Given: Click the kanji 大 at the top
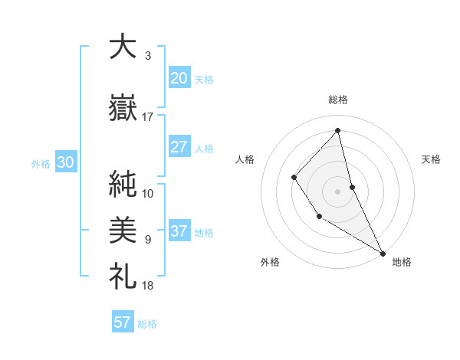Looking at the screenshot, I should pos(122,47).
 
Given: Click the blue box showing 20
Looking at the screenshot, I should pos(179,78).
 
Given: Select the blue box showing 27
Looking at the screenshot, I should pos(179,147).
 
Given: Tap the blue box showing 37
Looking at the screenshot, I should pos(179,232).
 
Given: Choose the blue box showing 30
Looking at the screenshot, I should pos(65,163).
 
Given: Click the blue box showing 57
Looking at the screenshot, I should pos(123,322).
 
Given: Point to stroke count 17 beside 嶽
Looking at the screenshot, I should pos(148,117).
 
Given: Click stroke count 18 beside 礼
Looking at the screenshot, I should pos(148,286).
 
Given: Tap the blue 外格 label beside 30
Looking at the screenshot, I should pos(41,164).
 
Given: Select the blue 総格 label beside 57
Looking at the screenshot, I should pos(147,324).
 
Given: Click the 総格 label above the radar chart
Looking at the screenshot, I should pos(337,100).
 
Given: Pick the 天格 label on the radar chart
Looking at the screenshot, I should pos(432,159).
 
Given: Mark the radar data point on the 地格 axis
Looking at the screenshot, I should pos(382,252).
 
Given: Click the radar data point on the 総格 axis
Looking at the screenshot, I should pos(337,130).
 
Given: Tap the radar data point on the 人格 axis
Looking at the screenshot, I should pos(294,178).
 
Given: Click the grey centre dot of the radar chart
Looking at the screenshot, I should pos(337,191).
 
